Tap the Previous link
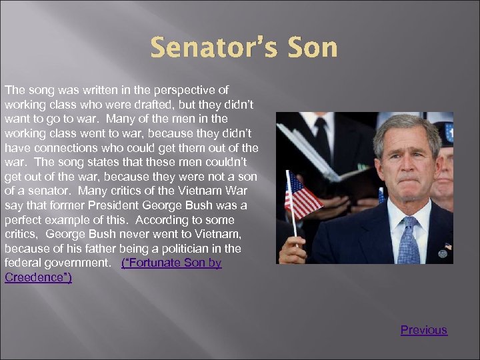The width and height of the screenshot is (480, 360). [x=424, y=330]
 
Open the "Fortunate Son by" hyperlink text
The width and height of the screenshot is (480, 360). [x=172, y=263]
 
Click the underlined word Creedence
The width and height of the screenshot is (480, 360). [x=37, y=277]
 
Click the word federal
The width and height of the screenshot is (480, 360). [x=24, y=263]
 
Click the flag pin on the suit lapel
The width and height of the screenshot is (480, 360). [x=447, y=246]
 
